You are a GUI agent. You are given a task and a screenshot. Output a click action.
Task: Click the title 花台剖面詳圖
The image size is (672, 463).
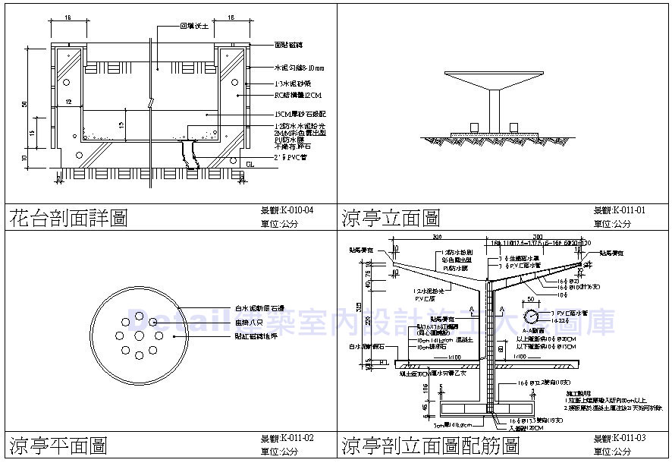68,219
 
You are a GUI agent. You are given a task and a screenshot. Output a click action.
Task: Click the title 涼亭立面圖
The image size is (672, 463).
391,219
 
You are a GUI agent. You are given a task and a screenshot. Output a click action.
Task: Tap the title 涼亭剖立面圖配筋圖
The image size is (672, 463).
430,444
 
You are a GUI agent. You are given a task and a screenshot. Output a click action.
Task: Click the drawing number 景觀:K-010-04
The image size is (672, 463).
287,210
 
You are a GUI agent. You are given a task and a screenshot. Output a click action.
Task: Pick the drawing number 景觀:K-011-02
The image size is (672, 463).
287,439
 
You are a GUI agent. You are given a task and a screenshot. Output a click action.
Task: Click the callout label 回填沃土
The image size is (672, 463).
193,26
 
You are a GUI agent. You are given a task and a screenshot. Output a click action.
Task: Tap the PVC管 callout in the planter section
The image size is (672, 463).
293,157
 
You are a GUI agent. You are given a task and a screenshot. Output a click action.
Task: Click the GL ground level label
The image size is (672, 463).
250,163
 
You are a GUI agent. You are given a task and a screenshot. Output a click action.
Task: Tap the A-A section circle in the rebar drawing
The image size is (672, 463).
535,315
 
